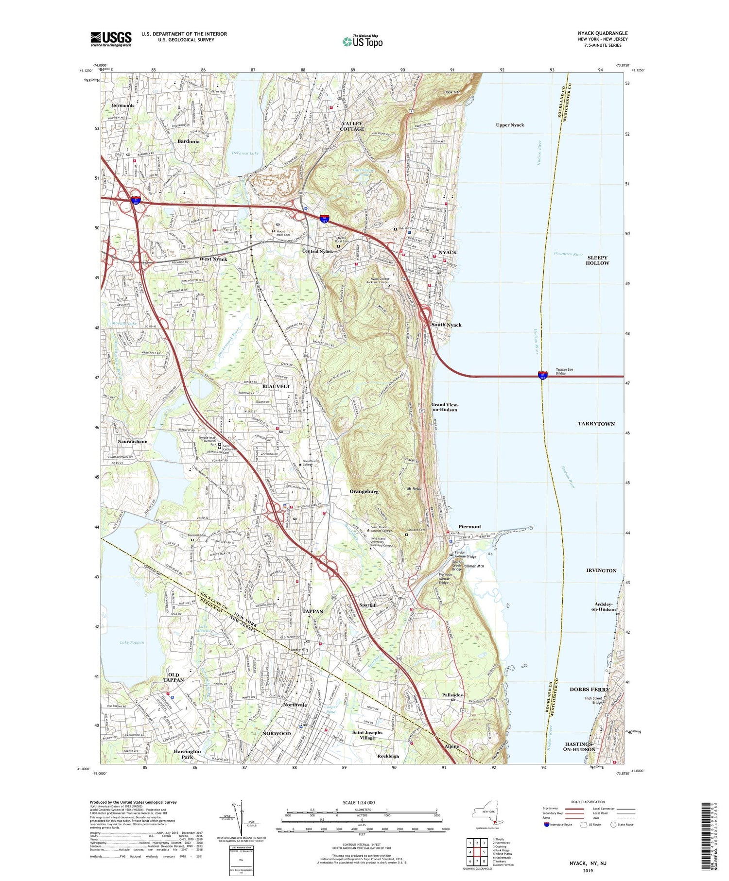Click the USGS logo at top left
[x=111, y=39]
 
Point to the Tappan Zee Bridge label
[x=564, y=371]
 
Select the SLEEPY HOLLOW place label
[x=597, y=260]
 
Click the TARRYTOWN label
[x=596, y=424]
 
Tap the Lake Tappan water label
[x=132, y=642]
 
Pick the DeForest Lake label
[x=245, y=153]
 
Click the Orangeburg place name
[x=364, y=491]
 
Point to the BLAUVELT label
[x=276, y=386]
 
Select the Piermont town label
[x=469, y=526]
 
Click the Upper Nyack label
[x=510, y=125]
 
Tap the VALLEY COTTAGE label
[x=352, y=126]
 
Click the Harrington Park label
[x=187, y=754]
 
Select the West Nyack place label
[x=213, y=259]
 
